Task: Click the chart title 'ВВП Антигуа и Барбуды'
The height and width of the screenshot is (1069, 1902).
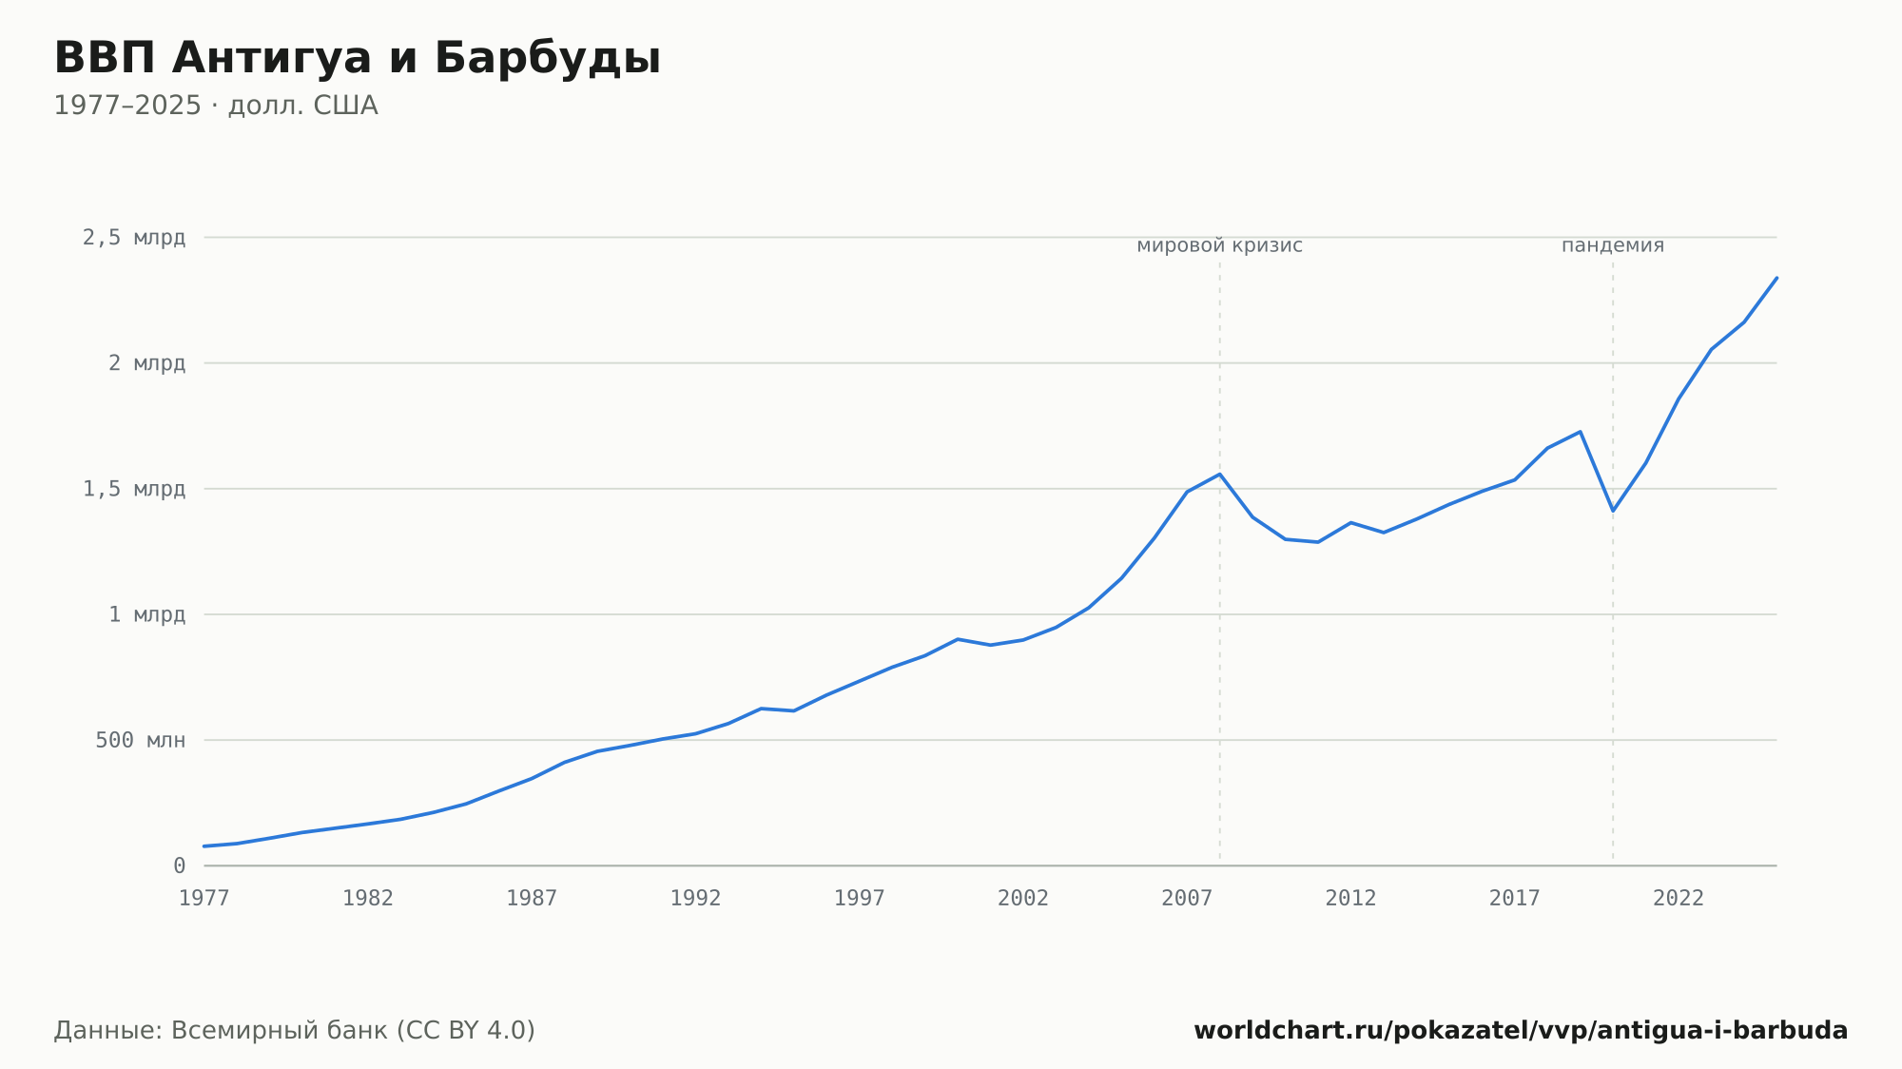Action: [357, 59]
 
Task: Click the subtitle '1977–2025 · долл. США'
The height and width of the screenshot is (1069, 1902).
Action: [216, 106]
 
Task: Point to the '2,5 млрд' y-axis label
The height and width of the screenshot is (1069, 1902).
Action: [134, 238]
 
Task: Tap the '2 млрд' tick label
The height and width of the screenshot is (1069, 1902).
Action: [146, 363]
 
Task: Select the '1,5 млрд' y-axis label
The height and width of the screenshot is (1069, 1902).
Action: [134, 489]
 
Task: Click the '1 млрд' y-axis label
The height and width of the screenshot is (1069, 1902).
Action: [146, 614]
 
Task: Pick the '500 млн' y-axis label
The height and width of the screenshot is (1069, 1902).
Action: [140, 740]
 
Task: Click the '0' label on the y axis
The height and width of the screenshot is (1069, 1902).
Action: [180, 865]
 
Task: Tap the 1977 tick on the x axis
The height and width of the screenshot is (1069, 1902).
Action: [204, 898]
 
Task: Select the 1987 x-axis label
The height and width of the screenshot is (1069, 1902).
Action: [532, 898]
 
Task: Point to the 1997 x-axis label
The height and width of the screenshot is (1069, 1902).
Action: [860, 898]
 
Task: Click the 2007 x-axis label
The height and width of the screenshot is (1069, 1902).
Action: [1187, 898]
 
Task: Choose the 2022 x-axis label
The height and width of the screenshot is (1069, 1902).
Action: [1679, 898]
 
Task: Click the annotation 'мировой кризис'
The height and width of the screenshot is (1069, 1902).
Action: [1220, 245]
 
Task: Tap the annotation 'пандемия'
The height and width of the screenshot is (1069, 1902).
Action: [1613, 245]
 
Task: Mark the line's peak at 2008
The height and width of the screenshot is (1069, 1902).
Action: [1220, 474]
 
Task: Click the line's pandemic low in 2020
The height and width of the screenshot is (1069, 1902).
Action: [1613, 511]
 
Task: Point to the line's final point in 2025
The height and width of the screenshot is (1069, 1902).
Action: [1776, 278]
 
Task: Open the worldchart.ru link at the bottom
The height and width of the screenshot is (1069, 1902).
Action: [1521, 1030]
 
